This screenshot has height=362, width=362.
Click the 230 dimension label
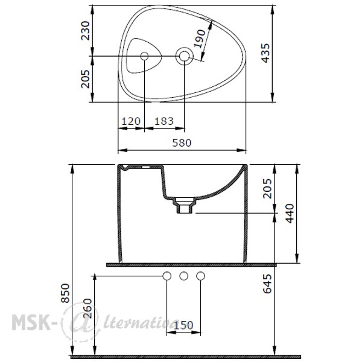pos(85,31)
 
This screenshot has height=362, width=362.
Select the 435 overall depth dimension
pos(265,53)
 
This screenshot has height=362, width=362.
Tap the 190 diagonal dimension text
pos(200,39)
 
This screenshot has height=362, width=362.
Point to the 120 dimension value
pos(131,121)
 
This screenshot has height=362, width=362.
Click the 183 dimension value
pos(164,121)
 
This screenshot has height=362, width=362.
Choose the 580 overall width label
pos(182,143)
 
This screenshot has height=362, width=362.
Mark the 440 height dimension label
pos(290,214)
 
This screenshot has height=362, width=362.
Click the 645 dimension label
pos(267,284)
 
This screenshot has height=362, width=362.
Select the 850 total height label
pos(65,293)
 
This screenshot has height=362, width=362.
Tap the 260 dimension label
pos(87,308)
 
